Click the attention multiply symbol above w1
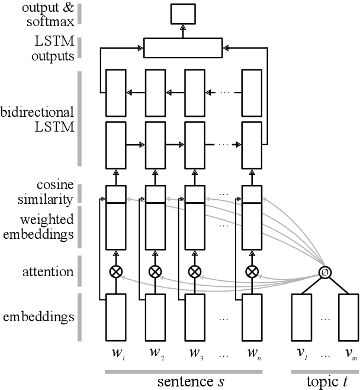point(115,271)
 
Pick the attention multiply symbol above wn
point(252,271)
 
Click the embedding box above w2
point(155,318)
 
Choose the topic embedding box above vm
point(348,318)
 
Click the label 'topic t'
point(324,380)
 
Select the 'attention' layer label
point(49,272)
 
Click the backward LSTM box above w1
point(115,92)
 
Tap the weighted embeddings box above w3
point(194,226)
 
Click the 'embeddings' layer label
point(38,317)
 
